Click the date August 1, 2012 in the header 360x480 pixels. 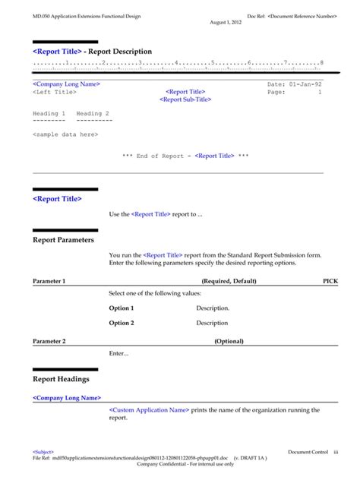(226, 23)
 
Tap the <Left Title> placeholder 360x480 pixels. (55, 92)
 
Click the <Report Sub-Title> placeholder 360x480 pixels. (185, 99)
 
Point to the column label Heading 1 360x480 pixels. (49, 113)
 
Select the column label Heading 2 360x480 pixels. (93, 113)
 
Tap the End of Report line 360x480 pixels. (185, 156)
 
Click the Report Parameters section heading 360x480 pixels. (64, 239)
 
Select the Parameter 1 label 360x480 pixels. (49, 281)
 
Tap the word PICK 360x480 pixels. (330, 281)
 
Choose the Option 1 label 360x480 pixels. (122, 308)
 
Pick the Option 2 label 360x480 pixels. (122, 323)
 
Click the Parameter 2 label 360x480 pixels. (49, 342)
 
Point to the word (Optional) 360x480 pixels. (229, 342)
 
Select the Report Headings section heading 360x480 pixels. (62, 378)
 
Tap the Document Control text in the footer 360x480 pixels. (308, 452)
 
